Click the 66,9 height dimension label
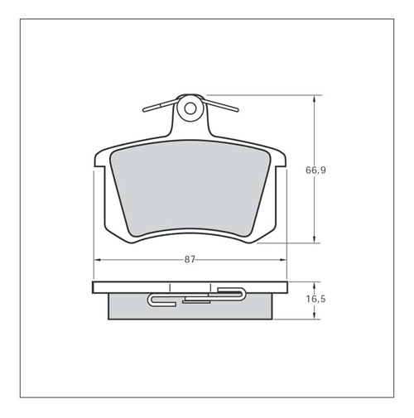pyautogui.click(x=315, y=171)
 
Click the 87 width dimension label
pyautogui.click(x=190, y=260)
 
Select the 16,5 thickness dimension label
pyautogui.click(x=315, y=299)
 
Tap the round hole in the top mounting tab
pyautogui.click(x=190, y=108)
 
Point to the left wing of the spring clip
pyautogui.click(x=160, y=106)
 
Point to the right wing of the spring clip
pyautogui.click(x=221, y=105)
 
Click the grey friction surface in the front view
pyautogui.click(x=190, y=189)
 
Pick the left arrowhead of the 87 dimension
pyautogui.click(x=98, y=260)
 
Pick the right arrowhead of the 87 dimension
pyautogui.click(x=283, y=260)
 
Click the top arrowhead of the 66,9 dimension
pyautogui.click(x=314, y=98)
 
